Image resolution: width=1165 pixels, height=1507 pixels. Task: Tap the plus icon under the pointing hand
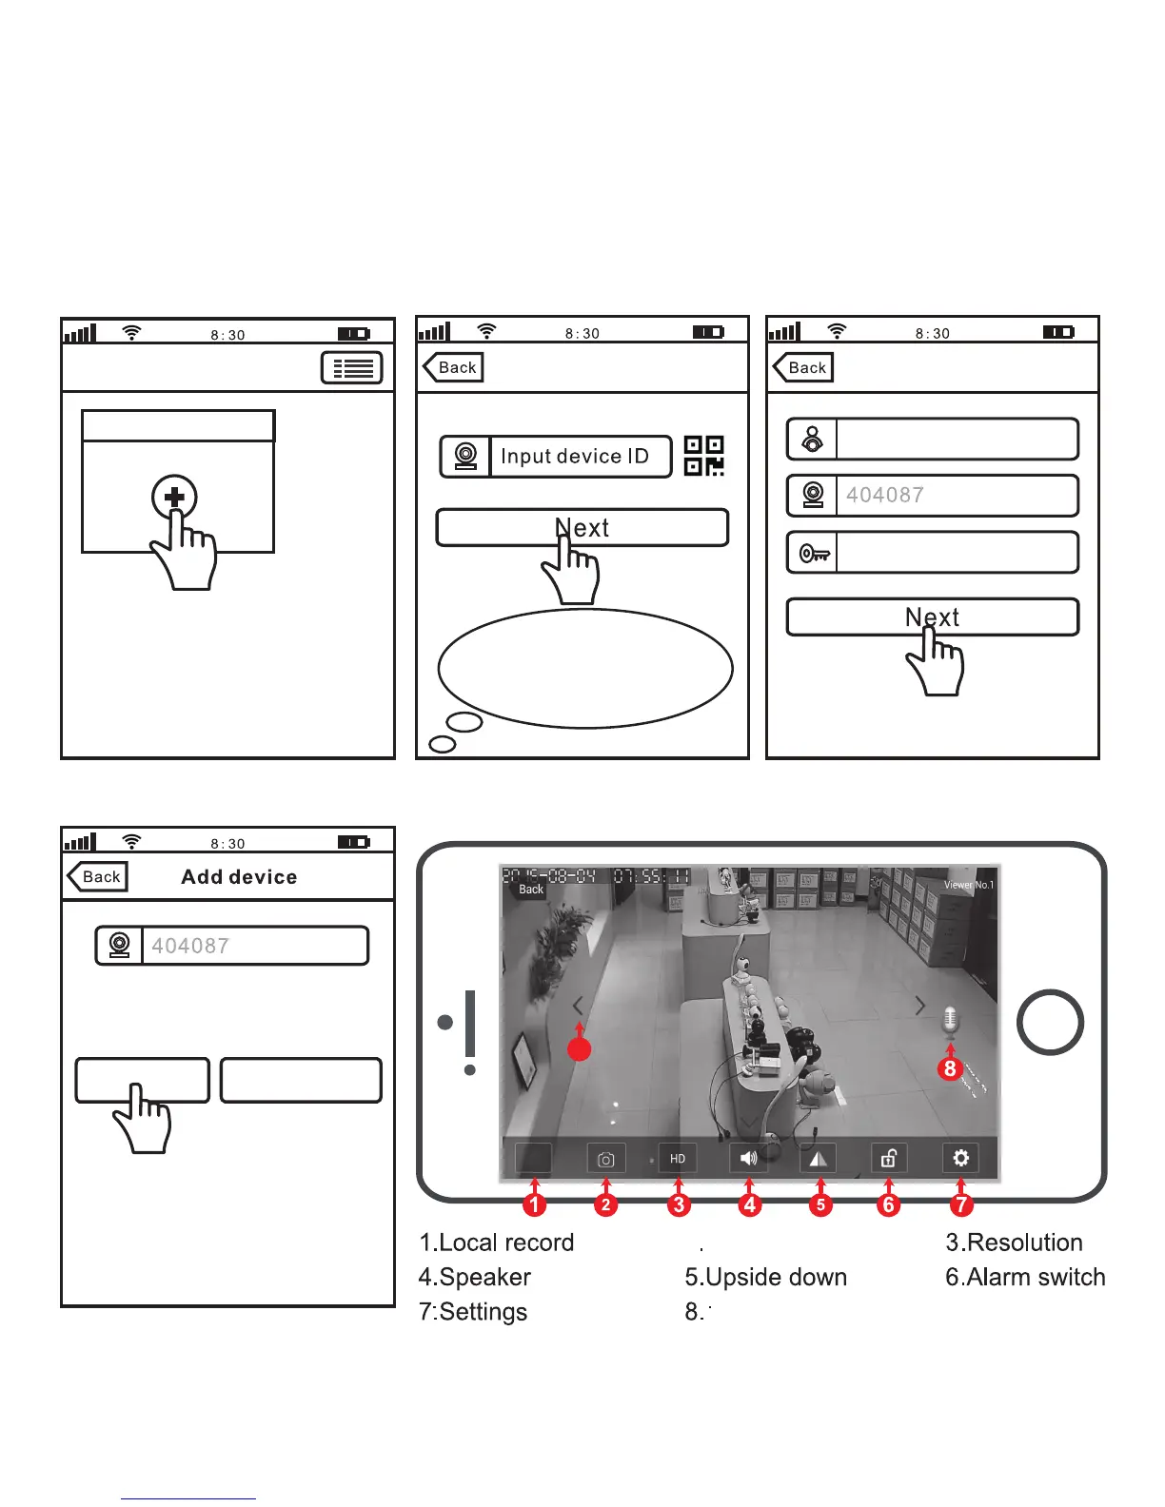pos(174,497)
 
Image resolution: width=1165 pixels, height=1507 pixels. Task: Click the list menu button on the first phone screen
pos(352,368)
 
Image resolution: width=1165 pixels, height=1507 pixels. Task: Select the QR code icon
pos(704,456)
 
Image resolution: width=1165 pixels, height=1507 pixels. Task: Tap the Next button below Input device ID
pos(582,528)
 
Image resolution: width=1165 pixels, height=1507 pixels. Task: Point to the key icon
pos(814,553)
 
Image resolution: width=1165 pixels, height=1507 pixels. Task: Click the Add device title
pos(239,877)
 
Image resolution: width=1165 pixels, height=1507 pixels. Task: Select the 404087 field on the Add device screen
pos(253,946)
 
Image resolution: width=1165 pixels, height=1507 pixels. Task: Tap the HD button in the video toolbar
pos(678,1159)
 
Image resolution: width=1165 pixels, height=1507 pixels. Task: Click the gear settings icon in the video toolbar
pos(960,1158)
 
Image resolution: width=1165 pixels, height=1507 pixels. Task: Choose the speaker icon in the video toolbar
pos(749,1159)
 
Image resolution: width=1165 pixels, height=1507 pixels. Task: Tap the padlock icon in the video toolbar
pos(888,1158)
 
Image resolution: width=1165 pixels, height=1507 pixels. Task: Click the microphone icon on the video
pos(950,1021)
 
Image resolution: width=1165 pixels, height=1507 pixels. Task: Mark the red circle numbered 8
pos(950,1068)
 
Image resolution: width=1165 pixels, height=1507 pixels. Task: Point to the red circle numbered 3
pos(678,1204)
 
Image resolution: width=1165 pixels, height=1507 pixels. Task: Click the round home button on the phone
pos(1050,1022)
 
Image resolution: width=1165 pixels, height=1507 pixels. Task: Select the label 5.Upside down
pos(765,1277)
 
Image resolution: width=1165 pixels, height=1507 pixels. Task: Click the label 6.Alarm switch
pos(1025,1277)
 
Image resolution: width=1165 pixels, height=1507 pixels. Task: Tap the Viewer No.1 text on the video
pos(968,885)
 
